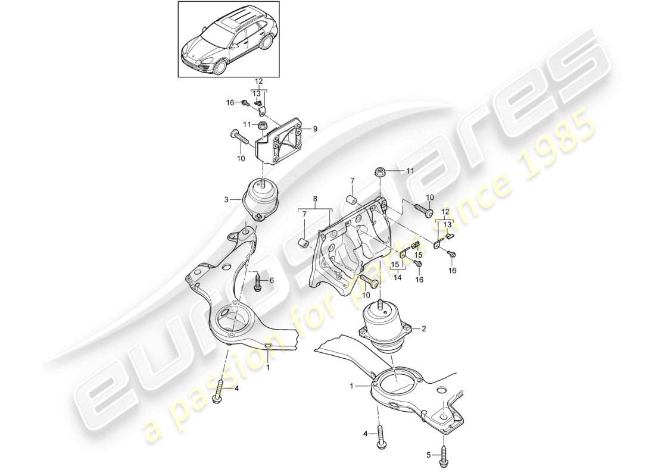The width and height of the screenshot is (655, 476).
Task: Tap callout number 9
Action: point(316,129)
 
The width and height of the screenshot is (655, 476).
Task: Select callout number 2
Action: point(423,328)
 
